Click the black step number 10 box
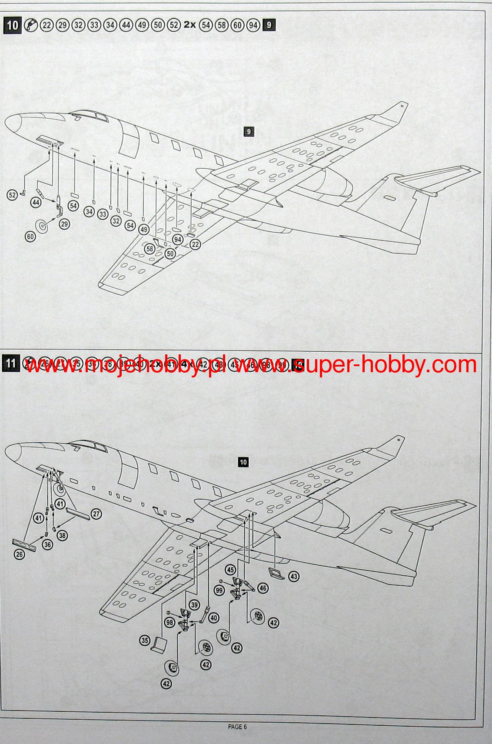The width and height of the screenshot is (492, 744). point(12,25)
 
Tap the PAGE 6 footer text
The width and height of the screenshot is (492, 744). point(237,727)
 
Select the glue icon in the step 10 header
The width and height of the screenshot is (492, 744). point(30,26)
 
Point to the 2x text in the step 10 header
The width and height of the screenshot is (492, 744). point(189,25)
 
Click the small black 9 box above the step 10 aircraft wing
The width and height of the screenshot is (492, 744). point(249,131)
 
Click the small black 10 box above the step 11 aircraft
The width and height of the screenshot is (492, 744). point(243,462)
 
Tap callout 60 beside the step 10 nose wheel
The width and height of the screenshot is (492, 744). point(30,237)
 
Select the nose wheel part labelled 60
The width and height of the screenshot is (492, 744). point(42,226)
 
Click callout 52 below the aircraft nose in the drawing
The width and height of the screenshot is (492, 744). point(12,195)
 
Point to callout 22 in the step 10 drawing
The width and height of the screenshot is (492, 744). point(195,245)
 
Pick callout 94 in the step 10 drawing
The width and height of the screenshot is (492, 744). point(177,240)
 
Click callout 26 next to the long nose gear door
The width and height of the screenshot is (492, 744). point(19,554)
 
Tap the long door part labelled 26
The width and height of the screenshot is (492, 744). point(24,545)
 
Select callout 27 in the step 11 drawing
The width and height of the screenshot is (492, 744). point(96,514)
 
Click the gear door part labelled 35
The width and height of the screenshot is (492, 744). point(159,645)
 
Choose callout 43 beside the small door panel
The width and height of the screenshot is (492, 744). point(294,577)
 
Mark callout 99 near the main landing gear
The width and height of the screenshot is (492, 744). point(219,590)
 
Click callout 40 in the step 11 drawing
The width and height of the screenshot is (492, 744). point(213,617)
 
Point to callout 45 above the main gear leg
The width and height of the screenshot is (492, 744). point(230,570)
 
